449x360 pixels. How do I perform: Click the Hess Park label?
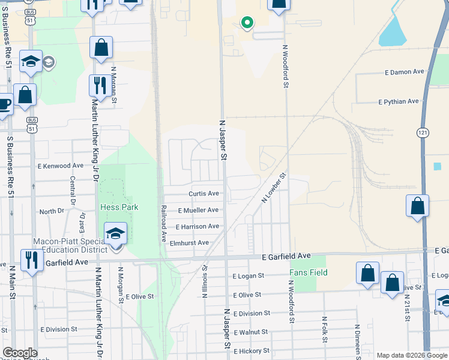point(119,207)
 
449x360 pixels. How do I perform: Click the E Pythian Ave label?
point(399,101)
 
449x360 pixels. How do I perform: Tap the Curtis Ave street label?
point(203,194)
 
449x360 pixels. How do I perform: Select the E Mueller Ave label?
point(198,210)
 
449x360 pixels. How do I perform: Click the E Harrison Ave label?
point(197,226)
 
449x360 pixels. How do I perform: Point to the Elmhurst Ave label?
point(188,242)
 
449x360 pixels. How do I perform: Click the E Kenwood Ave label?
point(60,165)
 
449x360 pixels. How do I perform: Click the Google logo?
point(19,353)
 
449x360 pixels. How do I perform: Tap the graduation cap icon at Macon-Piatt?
point(115,233)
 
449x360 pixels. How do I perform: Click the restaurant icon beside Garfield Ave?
point(30,260)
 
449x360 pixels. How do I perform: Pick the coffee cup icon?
point(4,103)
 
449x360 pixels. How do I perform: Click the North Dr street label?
point(52,211)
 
